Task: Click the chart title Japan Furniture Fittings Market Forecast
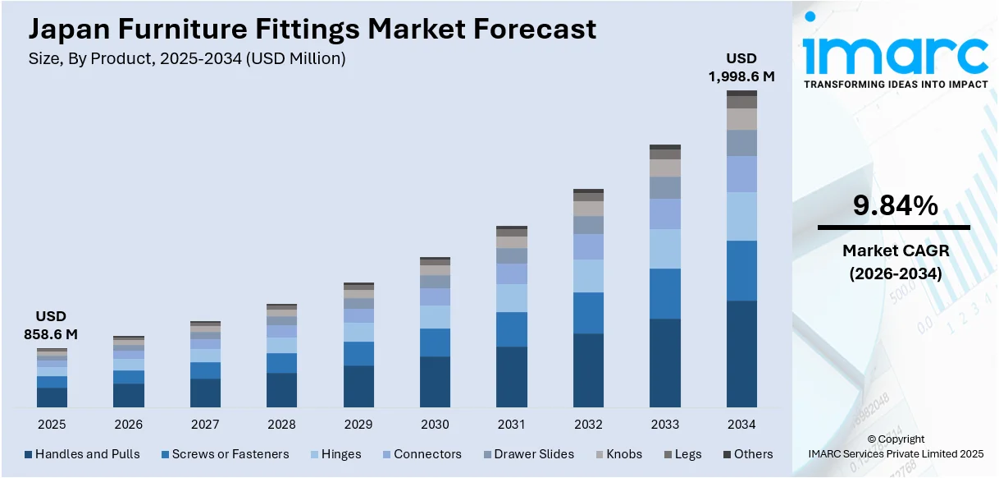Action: (312, 30)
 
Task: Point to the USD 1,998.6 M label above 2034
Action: (741, 67)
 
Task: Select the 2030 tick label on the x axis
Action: (435, 425)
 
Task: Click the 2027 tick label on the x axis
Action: (205, 425)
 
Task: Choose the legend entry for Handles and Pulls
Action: (82, 454)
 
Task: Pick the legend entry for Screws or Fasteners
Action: (225, 454)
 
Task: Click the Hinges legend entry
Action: (336, 454)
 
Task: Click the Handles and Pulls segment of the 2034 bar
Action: (741, 354)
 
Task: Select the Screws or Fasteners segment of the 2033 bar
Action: (665, 293)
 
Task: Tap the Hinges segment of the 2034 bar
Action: (741, 216)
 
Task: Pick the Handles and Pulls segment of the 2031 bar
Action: (512, 377)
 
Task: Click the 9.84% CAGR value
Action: (895, 206)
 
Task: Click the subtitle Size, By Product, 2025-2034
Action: (187, 58)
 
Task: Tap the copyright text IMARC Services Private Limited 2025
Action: (895, 453)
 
